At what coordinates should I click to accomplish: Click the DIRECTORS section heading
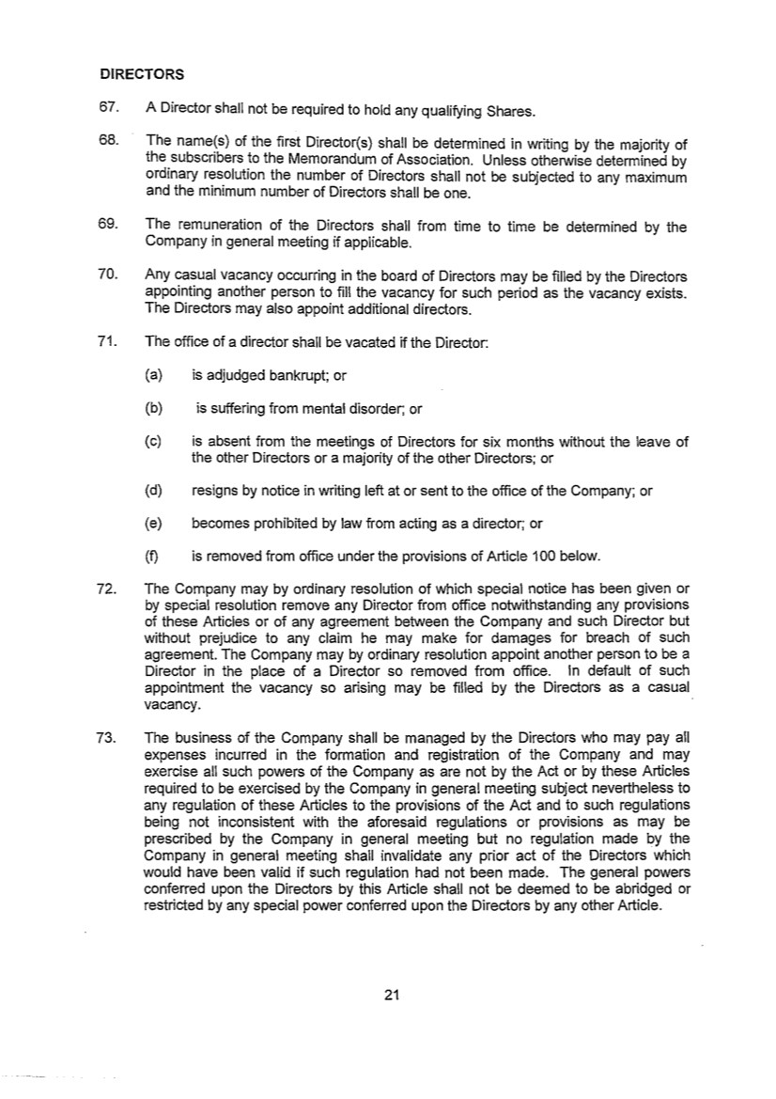pyautogui.click(x=142, y=73)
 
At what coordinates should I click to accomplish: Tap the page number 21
pyautogui.click(x=393, y=997)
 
